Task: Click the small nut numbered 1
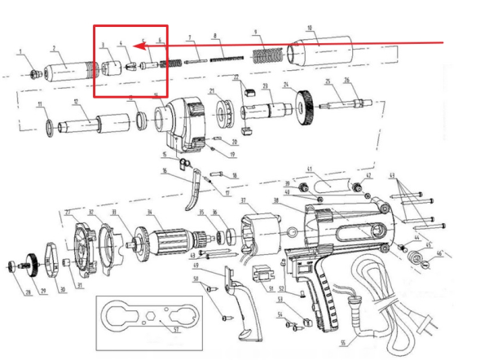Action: click(34, 74)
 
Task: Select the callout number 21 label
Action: click(210, 91)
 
